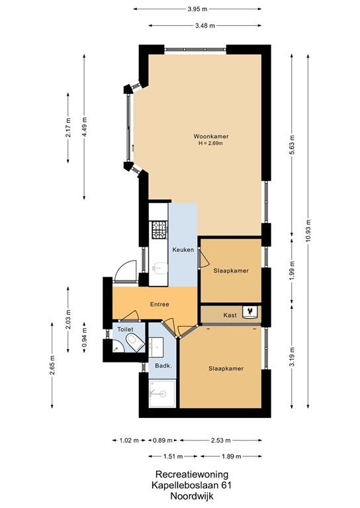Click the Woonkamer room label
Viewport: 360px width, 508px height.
click(x=211, y=136)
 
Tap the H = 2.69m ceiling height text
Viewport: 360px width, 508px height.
click(x=211, y=143)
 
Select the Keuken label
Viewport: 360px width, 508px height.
click(x=183, y=250)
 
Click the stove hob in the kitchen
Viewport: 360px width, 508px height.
click(x=159, y=229)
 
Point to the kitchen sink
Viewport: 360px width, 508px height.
click(x=159, y=269)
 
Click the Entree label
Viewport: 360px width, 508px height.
click(x=159, y=304)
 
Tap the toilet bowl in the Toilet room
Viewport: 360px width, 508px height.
click(x=136, y=343)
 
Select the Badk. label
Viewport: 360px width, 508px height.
click(x=163, y=366)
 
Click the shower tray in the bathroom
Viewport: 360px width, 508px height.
click(x=163, y=394)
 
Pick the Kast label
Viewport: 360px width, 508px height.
click(x=230, y=316)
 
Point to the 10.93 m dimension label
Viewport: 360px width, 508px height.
click(x=308, y=231)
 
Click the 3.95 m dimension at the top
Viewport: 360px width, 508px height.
click(x=197, y=9)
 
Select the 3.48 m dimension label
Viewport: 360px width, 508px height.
click(x=204, y=26)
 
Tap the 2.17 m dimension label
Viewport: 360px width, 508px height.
click(x=68, y=128)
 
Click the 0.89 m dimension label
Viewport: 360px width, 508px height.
click(x=163, y=441)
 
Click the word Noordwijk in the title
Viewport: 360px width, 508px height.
click(x=192, y=496)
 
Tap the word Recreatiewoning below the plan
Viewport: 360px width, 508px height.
click(x=192, y=475)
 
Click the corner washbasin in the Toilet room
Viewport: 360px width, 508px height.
click(x=117, y=347)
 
